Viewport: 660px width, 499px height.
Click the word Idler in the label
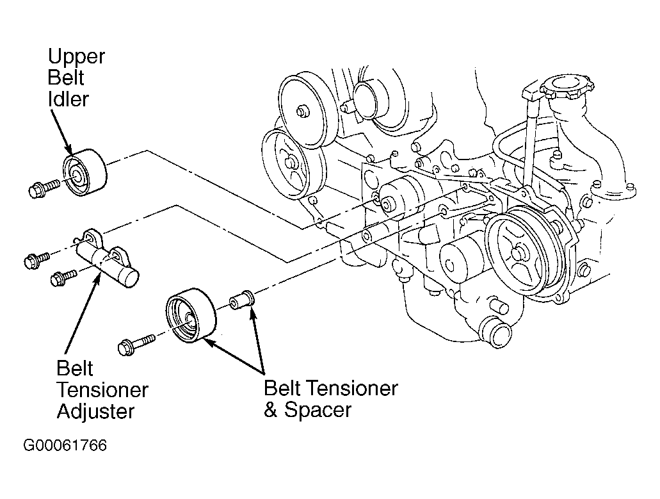[x=68, y=99]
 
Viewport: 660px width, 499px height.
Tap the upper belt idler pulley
[x=85, y=173]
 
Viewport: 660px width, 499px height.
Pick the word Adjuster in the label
[x=95, y=411]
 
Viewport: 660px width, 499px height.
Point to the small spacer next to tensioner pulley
[x=241, y=300]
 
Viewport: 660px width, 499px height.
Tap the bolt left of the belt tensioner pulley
[x=138, y=343]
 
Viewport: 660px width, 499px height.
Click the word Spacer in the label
[x=318, y=410]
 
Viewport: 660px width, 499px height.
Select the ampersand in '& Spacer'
[x=270, y=410]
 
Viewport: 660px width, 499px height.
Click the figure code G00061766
[x=65, y=445]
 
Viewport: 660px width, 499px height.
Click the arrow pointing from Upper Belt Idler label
[x=61, y=132]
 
